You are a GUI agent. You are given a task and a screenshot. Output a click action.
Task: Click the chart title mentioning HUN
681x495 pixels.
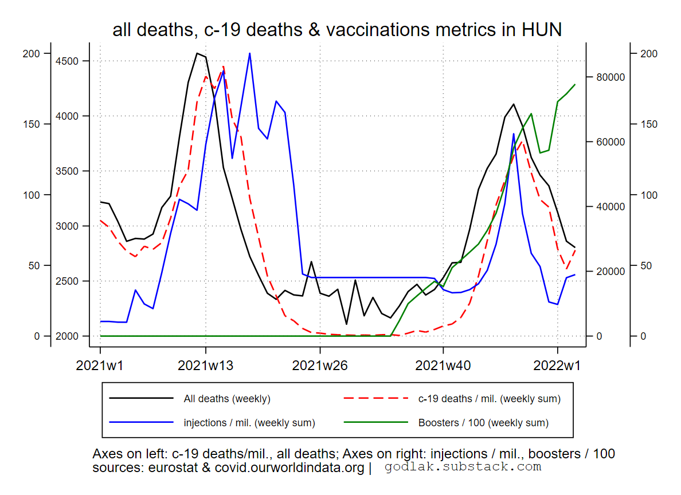point(337,30)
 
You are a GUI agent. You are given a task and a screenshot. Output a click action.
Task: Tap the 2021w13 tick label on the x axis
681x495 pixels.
point(206,366)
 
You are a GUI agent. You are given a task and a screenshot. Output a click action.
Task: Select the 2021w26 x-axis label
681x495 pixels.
point(320,366)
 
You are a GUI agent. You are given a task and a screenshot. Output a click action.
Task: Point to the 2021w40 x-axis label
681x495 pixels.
point(443,366)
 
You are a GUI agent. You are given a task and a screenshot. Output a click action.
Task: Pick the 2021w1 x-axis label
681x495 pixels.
point(100,366)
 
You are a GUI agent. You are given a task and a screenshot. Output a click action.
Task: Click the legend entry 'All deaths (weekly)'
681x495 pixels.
point(226,399)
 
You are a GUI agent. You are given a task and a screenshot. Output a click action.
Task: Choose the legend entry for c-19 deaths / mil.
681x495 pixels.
point(489,399)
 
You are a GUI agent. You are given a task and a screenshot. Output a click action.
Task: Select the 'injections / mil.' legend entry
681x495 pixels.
point(249,423)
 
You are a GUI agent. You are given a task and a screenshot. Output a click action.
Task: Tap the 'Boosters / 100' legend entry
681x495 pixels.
point(483,423)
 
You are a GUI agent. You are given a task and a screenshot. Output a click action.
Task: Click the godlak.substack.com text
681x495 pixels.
point(463,467)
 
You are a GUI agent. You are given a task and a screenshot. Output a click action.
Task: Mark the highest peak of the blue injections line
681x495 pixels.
point(250,53)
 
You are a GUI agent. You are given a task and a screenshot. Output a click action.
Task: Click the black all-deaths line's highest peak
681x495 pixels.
point(197,53)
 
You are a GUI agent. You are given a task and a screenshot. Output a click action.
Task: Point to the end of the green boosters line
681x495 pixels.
point(575,84)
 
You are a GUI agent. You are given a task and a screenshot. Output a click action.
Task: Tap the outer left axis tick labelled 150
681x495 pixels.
point(34,124)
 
